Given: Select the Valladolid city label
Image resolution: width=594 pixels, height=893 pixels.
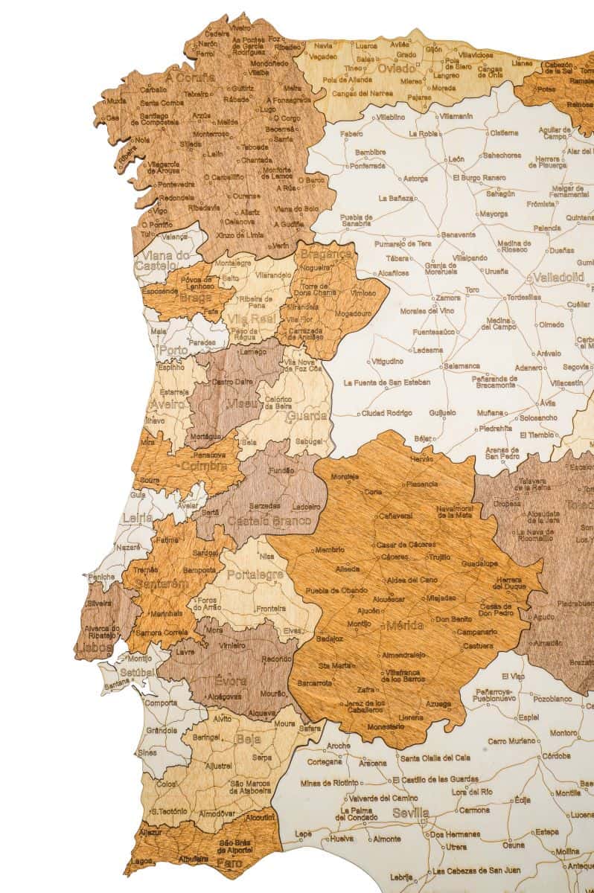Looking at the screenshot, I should (x=558, y=278).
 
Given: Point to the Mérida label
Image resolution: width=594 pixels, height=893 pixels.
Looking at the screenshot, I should (x=405, y=625).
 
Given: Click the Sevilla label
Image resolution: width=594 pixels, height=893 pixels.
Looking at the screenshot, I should (x=411, y=813).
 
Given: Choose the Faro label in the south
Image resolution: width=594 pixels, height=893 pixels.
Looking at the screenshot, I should (x=229, y=863).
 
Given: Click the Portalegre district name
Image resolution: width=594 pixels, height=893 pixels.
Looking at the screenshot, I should (x=255, y=574).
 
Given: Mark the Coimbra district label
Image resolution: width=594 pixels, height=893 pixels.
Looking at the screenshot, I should (x=198, y=466).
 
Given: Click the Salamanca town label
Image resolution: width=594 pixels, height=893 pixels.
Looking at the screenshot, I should (x=462, y=366).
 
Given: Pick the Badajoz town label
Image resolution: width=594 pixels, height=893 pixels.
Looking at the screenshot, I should (x=330, y=638).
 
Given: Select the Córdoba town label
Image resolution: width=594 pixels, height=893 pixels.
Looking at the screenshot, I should (x=556, y=755).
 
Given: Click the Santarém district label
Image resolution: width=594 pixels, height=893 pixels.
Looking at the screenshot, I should (x=163, y=584).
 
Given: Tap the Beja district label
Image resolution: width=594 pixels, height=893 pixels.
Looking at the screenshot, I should (x=248, y=740).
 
